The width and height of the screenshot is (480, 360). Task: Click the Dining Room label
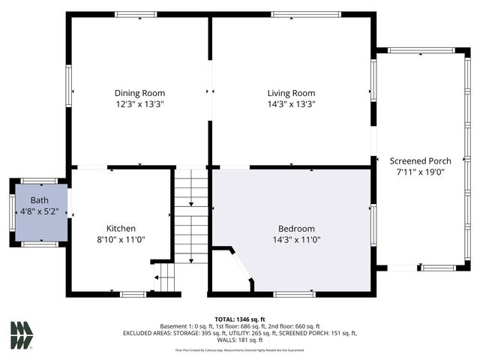(139, 93)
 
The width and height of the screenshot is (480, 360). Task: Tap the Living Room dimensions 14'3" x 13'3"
(291, 105)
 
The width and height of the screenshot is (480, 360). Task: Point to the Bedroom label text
(296, 229)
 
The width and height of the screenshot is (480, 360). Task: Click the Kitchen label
(121, 229)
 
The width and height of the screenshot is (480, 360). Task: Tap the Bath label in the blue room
(39, 201)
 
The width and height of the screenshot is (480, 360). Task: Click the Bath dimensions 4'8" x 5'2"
(39, 212)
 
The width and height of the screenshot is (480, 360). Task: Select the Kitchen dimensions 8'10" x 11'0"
(121, 240)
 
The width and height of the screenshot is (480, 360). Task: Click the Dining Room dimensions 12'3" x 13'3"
(139, 105)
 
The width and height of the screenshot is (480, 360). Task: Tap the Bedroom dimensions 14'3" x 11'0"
(296, 240)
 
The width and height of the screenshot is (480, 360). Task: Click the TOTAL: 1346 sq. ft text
(239, 319)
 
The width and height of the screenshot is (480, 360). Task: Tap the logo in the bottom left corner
(22, 335)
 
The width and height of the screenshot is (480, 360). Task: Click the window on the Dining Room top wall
(136, 14)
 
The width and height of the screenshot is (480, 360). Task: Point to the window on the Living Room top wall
(292, 14)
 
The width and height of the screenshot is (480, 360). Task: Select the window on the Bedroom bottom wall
(293, 294)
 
